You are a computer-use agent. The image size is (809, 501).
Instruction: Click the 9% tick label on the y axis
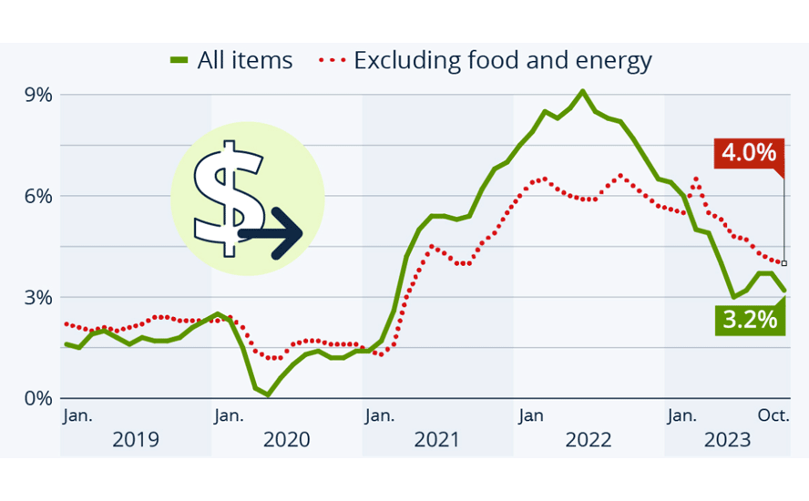[38, 95]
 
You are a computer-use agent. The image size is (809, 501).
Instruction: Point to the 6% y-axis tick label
[38, 196]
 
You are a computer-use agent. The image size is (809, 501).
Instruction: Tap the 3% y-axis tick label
[38, 297]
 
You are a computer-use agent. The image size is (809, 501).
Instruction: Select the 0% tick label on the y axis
[38, 398]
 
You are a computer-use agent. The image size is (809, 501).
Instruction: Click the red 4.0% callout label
[748, 152]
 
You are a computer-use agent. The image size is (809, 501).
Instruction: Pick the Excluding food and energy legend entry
[486, 61]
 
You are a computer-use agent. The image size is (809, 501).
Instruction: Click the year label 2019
[136, 440]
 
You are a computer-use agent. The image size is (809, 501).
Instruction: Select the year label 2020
[287, 440]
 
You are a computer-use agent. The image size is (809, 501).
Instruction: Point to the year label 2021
[437, 440]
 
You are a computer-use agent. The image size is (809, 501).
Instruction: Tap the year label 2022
[589, 440]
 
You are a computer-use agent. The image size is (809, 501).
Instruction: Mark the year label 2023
[727, 440]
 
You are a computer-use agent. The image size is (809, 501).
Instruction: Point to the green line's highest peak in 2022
[583, 91]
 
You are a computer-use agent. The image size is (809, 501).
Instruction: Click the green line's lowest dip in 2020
[267, 394]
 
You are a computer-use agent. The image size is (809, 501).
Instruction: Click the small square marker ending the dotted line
[784, 263]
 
